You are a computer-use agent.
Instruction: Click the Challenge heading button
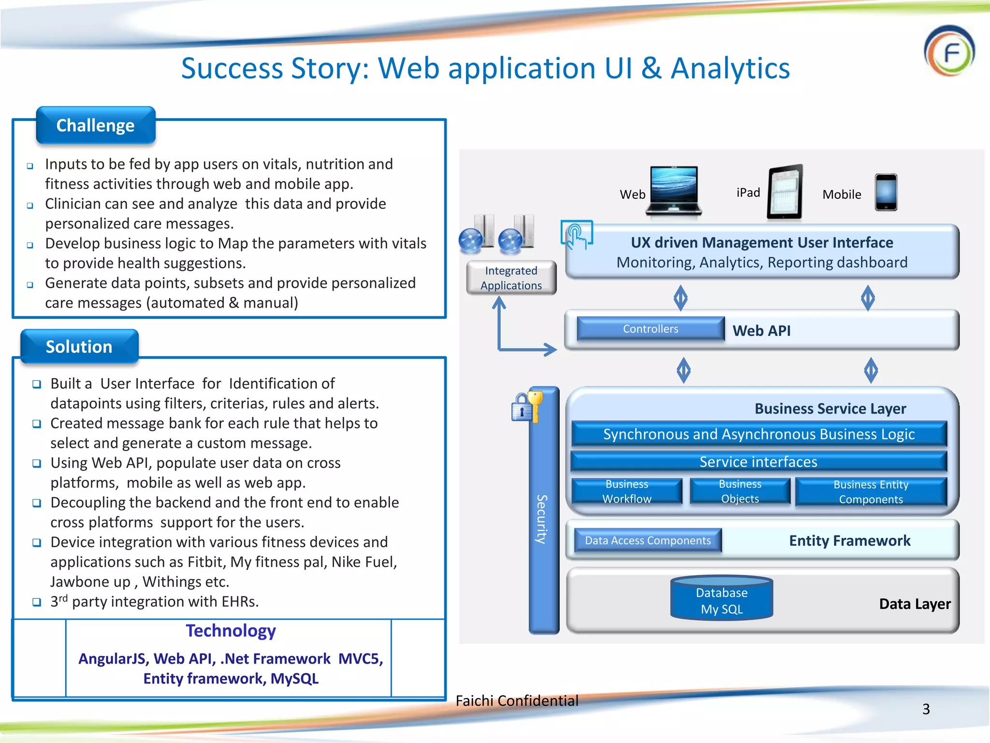pyautogui.click(x=96, y=126)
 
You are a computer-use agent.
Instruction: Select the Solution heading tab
pyautogui.click(x=79, y=347)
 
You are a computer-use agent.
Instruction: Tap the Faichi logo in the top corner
pyautogui.click(x=949, y=51)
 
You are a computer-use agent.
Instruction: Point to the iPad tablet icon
pyautogui.click(x=786, y=192)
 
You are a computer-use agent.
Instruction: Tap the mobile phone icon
pyautogui.click(x=886, y=192)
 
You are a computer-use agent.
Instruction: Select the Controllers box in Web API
pyautogui.click(x=651, y=329)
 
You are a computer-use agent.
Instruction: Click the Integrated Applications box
pyautogui.click(x=511, y=278)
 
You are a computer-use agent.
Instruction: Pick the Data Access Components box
pyautogui.click(x=648, y=540)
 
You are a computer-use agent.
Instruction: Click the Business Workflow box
pyautogui.click(x=627, y=491)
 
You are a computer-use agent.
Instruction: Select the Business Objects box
pyautogui.click(x=740, y=491)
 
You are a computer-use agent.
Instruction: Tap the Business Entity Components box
pyautogui.click(x=871, y=492)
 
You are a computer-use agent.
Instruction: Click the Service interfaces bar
pyautogui.click(x=758, y=462)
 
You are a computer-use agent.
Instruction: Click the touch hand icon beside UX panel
pyautogui.click(x=576, y=235)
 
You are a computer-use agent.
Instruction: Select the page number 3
pyautogui.click(x=926, y=709)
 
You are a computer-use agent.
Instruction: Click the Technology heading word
pyautogui.click(x=231, y=631)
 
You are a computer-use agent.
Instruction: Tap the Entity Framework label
pyautogui.click(x=849, y=540)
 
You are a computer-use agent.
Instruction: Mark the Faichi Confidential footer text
pyautogui.click(x=517, y=700)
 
